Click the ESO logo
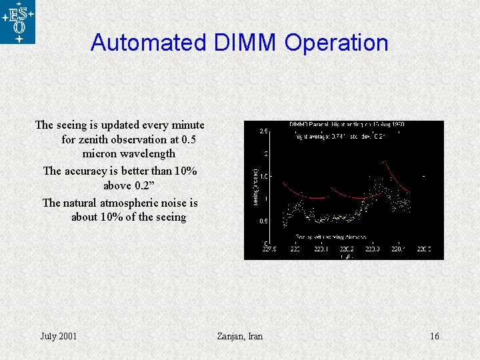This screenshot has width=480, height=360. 18,22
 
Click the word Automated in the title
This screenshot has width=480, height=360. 149,43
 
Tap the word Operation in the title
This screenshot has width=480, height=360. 336,43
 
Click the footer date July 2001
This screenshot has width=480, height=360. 59,336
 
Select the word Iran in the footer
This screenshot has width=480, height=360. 255,336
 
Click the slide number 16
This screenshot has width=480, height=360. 434,336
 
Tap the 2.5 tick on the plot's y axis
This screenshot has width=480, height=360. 264,131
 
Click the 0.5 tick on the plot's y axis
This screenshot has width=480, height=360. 264,221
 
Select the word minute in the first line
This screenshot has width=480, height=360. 189,125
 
